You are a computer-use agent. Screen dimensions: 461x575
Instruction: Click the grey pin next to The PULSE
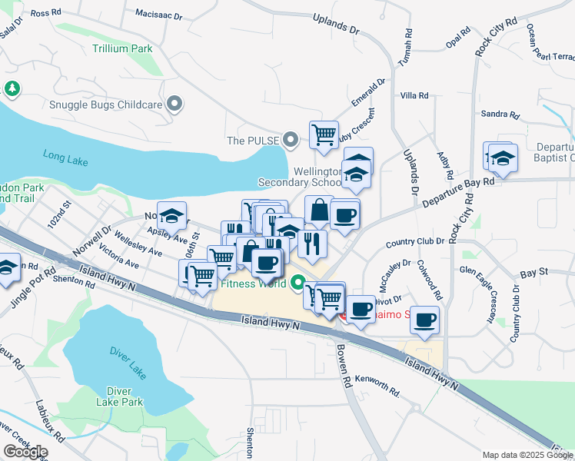click(290, 140)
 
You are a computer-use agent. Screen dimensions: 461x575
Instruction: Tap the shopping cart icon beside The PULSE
click(324, 135)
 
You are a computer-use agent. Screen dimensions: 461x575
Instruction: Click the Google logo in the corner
click(25, 452)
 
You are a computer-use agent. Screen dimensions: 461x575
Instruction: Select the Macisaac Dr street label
click(158, 15)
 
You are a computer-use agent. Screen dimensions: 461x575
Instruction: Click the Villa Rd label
click(414, 95)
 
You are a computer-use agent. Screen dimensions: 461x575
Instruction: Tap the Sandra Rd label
click(500, 115)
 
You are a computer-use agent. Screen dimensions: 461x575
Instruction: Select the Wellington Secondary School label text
click(299, 177)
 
